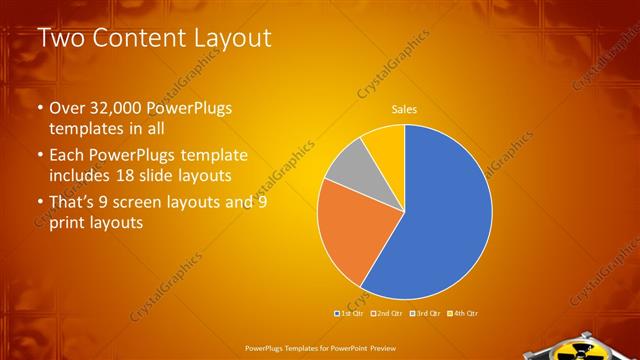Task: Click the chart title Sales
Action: coord(404,109)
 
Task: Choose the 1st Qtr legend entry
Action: coord(347,314)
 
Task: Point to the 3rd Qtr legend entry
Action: coord(424,314)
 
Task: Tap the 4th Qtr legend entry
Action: coord(463,314)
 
